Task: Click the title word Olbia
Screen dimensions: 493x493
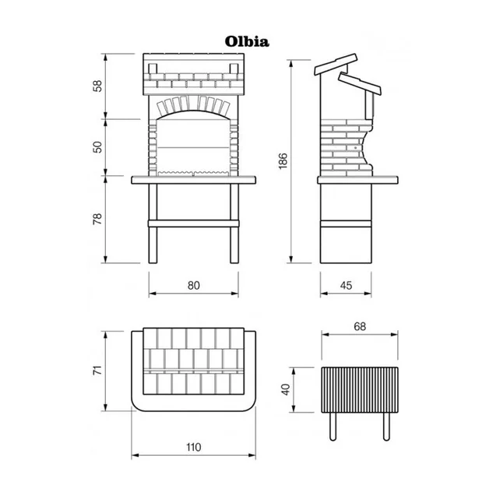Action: [247, 41]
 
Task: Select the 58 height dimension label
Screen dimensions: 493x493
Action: [98, 86]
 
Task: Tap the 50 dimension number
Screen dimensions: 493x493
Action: [98, 147]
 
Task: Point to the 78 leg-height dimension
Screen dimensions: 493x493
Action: [98, 219]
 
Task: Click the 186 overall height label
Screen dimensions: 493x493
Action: [283, 161]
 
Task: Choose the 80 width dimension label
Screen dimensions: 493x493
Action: [194, 285]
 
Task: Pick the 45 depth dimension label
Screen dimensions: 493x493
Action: [346, 285]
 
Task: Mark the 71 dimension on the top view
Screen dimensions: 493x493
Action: [98, 370]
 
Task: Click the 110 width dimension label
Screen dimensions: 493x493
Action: [193, 447]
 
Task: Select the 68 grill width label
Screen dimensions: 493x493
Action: [360, 326]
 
